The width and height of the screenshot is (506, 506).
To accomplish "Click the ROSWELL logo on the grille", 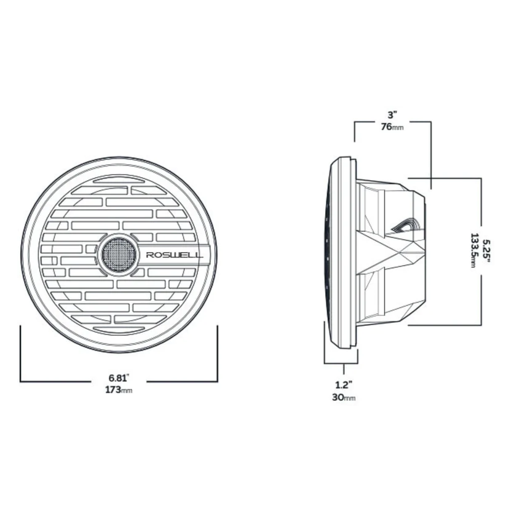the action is tap(175, 255).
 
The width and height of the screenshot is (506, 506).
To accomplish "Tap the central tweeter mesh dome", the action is tap(119, 254).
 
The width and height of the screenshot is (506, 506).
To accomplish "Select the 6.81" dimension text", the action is tap(119, 378).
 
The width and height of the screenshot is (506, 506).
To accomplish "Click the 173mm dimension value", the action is tap(119, 390).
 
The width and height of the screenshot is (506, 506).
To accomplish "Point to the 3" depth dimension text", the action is tap(392, 114).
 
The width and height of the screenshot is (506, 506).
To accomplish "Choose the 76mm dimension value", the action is tap(392, 127).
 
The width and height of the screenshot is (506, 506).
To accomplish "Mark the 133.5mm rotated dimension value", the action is tap(474, 250).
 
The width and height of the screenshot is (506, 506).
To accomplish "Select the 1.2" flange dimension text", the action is tap(343, 385).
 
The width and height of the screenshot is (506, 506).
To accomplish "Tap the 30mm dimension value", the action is tap(344, 397).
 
